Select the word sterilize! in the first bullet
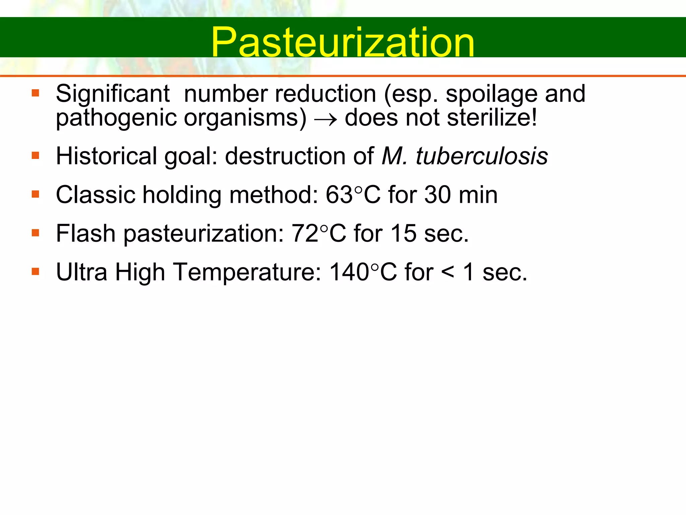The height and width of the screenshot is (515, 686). tap(492, 118)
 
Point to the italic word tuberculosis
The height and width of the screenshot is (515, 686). tap(482, 156)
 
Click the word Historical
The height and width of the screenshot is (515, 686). tap(106, 156)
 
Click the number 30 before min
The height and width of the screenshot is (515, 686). tap(437, 195)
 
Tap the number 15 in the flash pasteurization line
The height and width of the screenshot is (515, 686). tap(403, 233)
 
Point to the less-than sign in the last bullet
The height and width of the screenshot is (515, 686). tap(448, 272)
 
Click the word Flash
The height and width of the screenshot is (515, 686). tap(86, 233)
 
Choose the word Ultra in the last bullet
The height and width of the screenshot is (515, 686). tap(82, 272)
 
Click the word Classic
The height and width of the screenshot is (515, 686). tap(95, 195)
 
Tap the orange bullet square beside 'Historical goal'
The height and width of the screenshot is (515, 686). tap(36, 156)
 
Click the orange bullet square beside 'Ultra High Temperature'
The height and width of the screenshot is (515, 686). tap(36, 271)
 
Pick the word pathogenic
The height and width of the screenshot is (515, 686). tap(116, 118)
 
